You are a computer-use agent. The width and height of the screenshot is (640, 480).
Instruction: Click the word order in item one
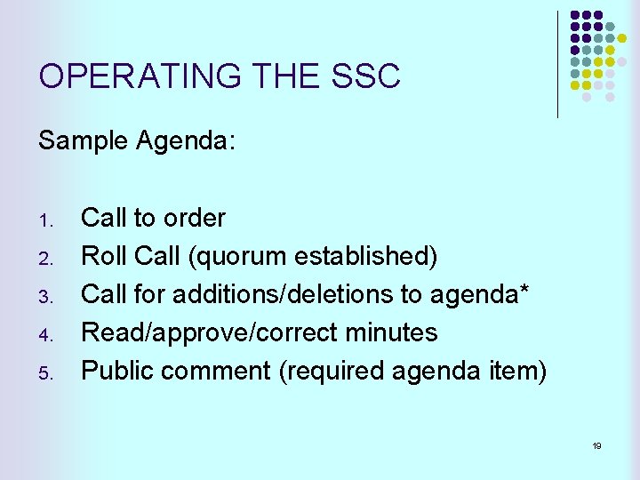(194, 218)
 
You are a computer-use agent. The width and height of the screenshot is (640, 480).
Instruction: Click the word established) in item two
(366, 256)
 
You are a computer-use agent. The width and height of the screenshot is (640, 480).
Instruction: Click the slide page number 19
(596, 445)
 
